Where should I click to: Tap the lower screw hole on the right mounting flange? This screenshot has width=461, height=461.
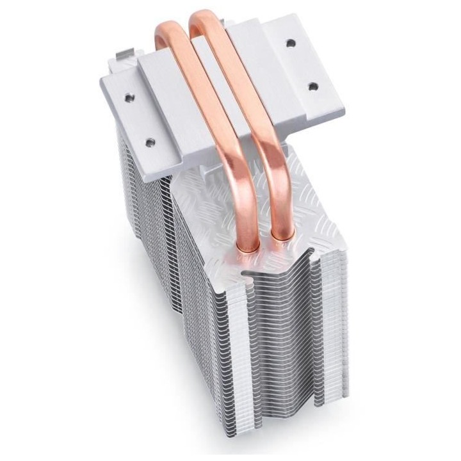pyautogui.click(x=314, y=86)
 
